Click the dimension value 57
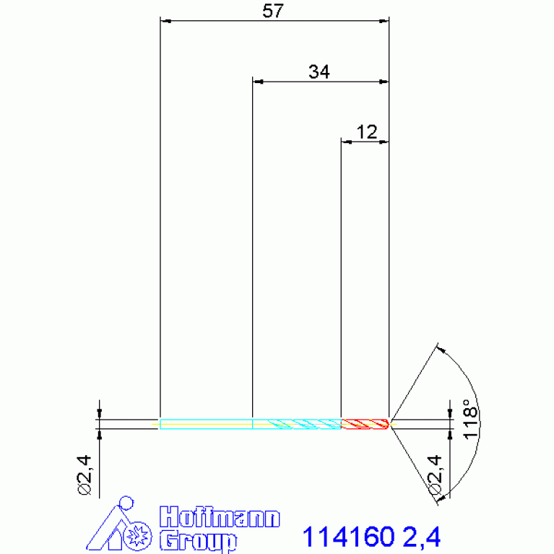click(x=273, y=11)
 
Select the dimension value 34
click(x=319, y=72)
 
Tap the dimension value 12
click(x=367, y=132)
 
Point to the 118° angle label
click(x=470, y=420)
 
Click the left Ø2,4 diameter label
click(x=85, y=475)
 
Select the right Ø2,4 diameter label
click(x=436, y=475)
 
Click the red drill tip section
click(x=365, y=424)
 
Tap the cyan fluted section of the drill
click(x=297, y=424)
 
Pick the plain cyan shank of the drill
click(x=207, y=424)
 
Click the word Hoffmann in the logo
click(x=220, y=517)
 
